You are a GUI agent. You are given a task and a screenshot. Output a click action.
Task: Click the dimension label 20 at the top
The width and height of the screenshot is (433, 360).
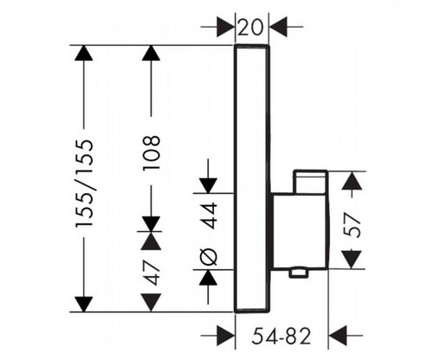coord(251,27)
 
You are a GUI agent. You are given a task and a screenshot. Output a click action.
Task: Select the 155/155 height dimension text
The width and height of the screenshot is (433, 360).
coord(84,183)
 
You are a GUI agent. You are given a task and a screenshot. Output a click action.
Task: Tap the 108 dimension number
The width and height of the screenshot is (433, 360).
coord(152,152)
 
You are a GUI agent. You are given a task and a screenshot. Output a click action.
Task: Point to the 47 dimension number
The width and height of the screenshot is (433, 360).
coord(152,273)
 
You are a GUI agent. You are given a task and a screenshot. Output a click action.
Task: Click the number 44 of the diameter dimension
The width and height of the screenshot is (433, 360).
coord(209,215)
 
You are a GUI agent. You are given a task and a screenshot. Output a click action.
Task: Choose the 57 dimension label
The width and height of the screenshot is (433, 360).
coord(352,225)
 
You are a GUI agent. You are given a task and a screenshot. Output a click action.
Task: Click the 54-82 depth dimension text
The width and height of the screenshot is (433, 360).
coord(281,336)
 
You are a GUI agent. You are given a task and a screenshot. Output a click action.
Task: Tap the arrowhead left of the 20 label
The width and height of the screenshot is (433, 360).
coord(225,27)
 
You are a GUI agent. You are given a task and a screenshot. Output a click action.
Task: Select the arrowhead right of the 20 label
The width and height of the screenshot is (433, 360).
coord(278,27)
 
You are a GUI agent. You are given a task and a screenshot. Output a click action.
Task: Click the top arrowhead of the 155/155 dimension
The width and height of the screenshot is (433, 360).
coord(84,53)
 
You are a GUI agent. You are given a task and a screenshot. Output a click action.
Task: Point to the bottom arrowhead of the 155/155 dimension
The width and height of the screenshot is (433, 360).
coord(84,305)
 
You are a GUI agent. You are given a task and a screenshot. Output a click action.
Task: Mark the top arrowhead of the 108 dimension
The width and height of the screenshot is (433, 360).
coord(151,53)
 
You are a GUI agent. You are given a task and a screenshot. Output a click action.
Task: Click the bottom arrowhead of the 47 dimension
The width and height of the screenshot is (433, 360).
coord(151,303)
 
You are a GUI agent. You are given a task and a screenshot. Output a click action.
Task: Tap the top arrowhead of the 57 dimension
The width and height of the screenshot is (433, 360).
coord(352,181)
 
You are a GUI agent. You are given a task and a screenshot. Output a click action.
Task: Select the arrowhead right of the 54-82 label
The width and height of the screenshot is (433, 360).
coord(338,336)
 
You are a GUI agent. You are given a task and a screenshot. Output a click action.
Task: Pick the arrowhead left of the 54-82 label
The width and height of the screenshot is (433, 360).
coord(226,336)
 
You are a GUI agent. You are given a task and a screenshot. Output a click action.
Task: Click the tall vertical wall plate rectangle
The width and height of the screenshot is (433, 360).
coord(251,178)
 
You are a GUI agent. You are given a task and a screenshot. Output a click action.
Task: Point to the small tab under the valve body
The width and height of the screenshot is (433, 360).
coord(298,273)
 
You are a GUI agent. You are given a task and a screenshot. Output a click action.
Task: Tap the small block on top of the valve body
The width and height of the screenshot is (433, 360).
coord(310,182)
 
